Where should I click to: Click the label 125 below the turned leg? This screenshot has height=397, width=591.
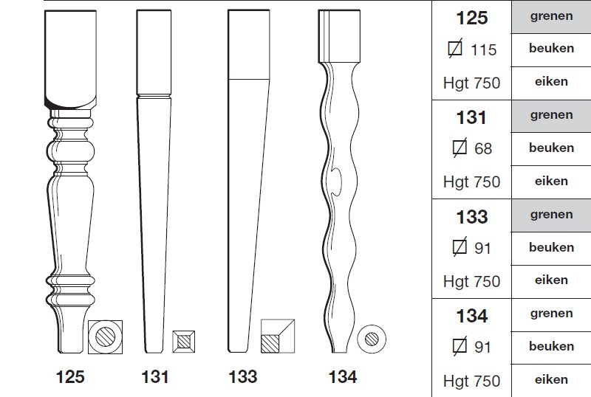click(70, 376)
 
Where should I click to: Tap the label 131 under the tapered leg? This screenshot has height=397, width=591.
click(155, 376)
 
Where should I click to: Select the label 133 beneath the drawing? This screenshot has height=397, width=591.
click(243, 376)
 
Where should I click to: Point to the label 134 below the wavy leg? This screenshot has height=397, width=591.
click(343, 376)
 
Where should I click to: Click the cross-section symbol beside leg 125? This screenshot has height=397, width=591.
click(105, 337)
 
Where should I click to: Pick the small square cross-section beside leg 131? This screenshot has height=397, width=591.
click(183, 342)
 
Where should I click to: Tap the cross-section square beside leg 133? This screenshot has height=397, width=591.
click(278, 336)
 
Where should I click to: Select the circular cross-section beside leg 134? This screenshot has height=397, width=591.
click(372, 339)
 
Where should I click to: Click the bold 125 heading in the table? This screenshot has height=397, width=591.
click(472, 18)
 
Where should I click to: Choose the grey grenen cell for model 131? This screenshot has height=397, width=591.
click(551, 116)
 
